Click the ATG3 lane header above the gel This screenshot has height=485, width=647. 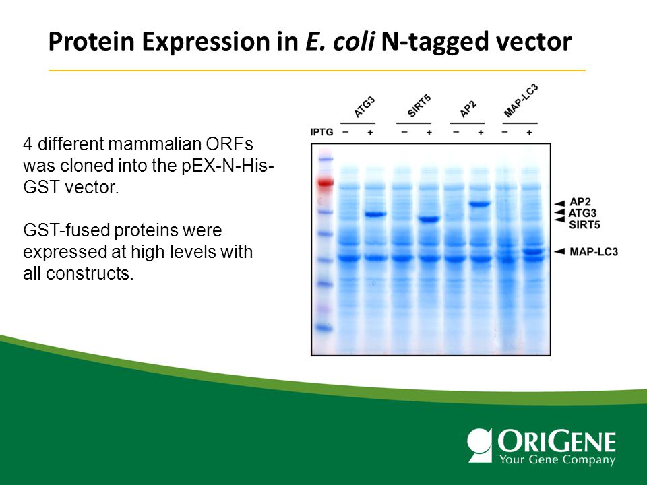pyautogui.click(x=365, y=107)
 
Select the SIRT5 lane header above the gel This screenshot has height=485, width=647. pyautogui.click(x=419, y=106)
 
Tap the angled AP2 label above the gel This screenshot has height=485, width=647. pyautogui.click(x=468, y=109)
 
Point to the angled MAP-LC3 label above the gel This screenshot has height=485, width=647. pyautogui.click(x=521, y=100)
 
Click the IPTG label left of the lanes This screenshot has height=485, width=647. pyautogui.click(x=321, y=132)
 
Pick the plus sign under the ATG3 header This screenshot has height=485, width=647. pyautogui.click(x=370, y=133)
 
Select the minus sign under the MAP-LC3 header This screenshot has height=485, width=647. pyautogui.click(x=505, y=132)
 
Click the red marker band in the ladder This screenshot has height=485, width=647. pyautogui.click(x=325, y=183)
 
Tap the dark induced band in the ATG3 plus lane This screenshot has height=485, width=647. pyautogui.click(x=375, y=214)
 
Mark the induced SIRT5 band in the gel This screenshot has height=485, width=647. pyautogui.click(x=429, y=220)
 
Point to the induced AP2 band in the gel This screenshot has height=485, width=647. pyautogui.click(x=480, y=203)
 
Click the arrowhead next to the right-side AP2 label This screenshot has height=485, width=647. pyautogui.click(x=559, y=203)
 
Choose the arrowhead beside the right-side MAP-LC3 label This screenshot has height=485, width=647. pyautogui.click(x=559, y=251)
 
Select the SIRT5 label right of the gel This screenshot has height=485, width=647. pyautogui.click(x=584, y=225)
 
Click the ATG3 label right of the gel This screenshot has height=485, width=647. pyautogui.click(x=582, y=214)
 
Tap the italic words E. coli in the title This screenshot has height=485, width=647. pyautogui.click(x=340, y=41)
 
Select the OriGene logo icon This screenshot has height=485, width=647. pyautogui.click(x=480, y=445)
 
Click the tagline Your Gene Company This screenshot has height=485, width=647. pyautogui.click(x=557, y=459)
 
